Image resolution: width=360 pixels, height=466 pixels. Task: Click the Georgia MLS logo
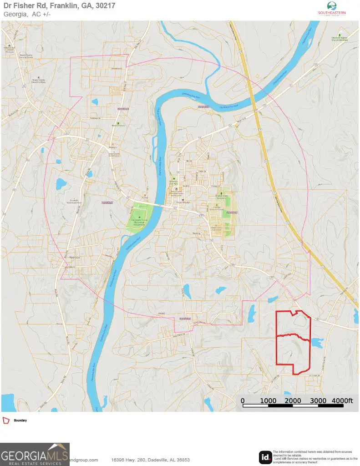(x=35, y=454)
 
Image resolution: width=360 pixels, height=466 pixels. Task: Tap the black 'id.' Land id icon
(x=265, y=456)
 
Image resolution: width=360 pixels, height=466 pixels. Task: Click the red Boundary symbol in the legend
(x=6, y=420)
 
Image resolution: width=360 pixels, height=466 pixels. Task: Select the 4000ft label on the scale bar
(x=342, y=400)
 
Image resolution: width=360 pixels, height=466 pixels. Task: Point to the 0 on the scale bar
(x=243, y=400)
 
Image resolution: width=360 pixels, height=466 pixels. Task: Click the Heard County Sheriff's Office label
(x=38, y=81)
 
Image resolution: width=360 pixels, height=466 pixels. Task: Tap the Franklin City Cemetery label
(x=222, y=197)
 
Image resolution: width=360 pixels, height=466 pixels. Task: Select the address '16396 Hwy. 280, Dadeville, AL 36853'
(x=151, y=460)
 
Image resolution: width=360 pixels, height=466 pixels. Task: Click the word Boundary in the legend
(x=20, y=420)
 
